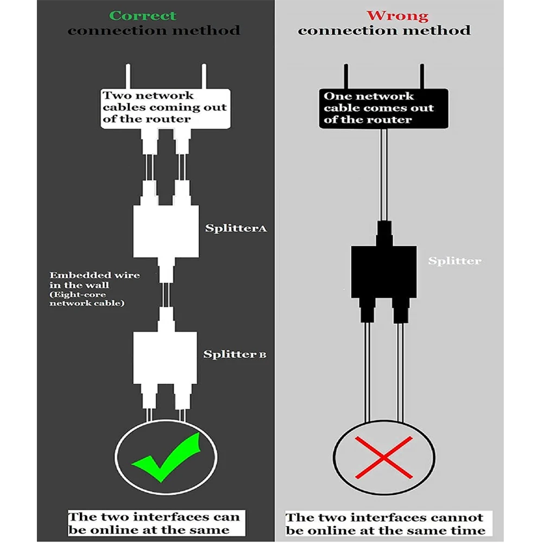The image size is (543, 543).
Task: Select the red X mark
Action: [x=384, y=458]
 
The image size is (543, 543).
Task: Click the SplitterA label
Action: [x=236, y=228]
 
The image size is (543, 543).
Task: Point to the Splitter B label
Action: [x=235, y=355]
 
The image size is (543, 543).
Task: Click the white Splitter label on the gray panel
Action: [x=454, y=261]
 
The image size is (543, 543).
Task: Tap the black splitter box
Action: [x=384, y=271]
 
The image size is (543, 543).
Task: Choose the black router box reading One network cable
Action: [x=384, y=108]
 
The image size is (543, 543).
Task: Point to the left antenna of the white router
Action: [x=127, y=77]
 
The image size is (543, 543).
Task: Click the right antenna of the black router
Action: [x=421, y=77]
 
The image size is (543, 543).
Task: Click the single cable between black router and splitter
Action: [x=384, y=174]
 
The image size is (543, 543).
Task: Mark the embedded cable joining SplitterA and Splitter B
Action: [x=166, y=293]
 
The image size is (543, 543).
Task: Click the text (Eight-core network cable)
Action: [x=87, y=299]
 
